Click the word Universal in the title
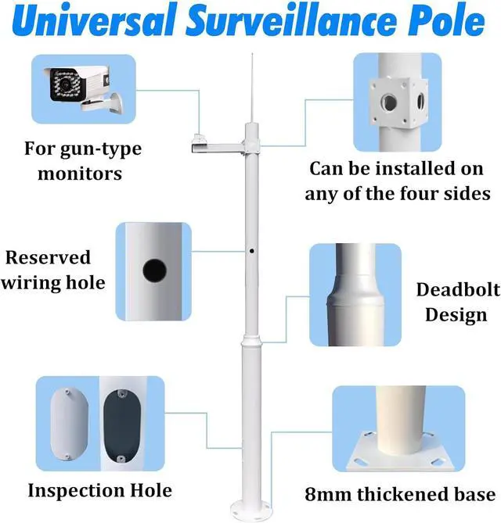point(96,23)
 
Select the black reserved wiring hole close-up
point(153,272)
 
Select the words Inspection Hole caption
point(99,491)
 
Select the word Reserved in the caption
point(49,258)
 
